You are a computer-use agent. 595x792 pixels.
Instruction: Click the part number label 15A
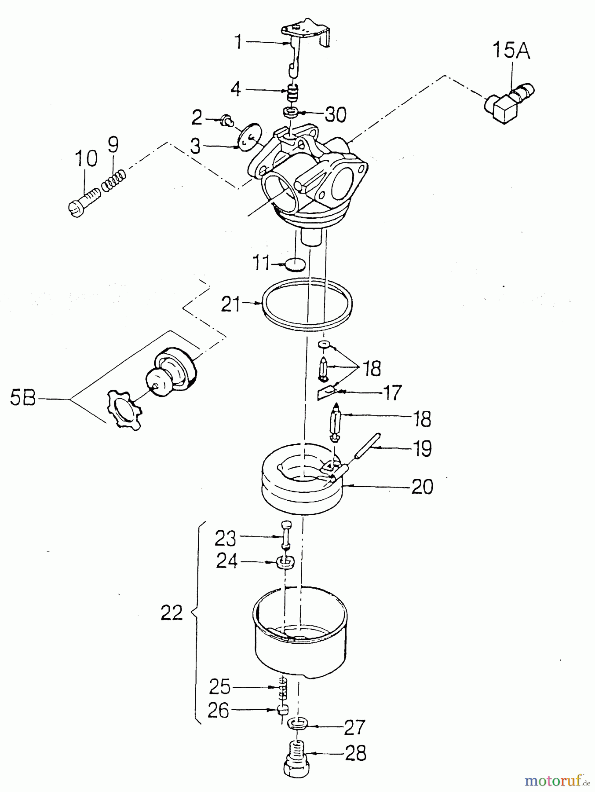pos(511,51)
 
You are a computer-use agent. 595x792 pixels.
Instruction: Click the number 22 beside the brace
pos(172,612)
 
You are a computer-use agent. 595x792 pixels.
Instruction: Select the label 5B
pos(23,400)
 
